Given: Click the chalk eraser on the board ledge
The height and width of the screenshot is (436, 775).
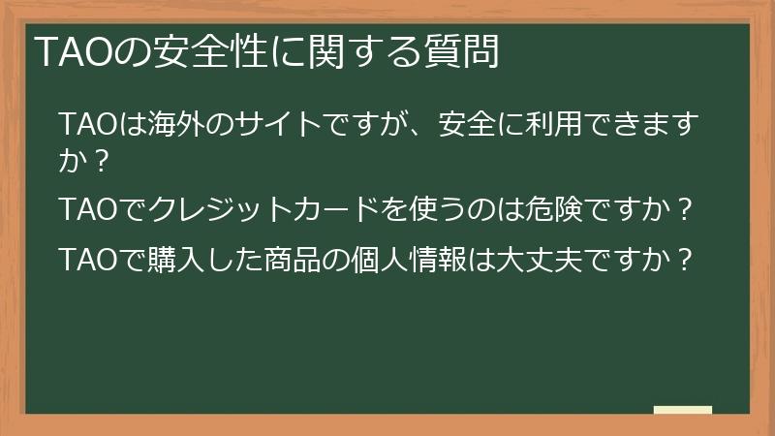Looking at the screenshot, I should tap(682, 410).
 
